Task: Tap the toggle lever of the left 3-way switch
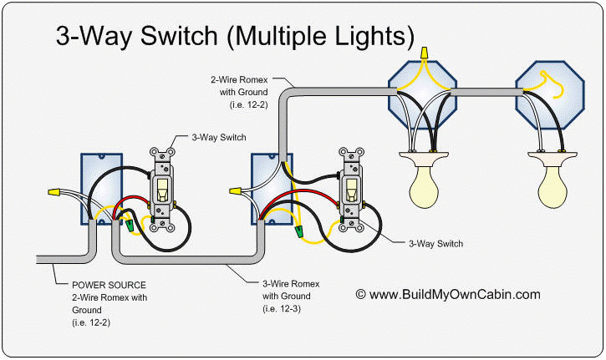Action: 163,186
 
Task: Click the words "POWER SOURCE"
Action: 102,283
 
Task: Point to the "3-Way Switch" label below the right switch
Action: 435,243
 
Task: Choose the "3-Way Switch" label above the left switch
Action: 218,136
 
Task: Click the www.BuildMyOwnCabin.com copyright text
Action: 448,294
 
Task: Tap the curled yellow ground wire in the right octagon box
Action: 552,80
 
